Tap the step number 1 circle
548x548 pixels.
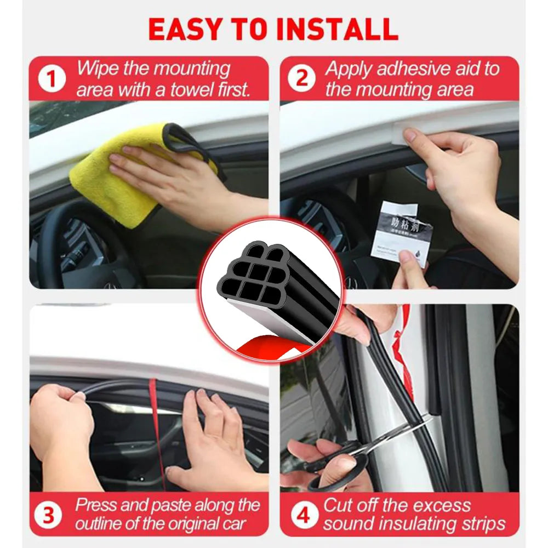click(x=52, y=78)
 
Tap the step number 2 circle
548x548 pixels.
click(x=302, y=78)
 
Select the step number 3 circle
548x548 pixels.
click(x=49, y=516)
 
